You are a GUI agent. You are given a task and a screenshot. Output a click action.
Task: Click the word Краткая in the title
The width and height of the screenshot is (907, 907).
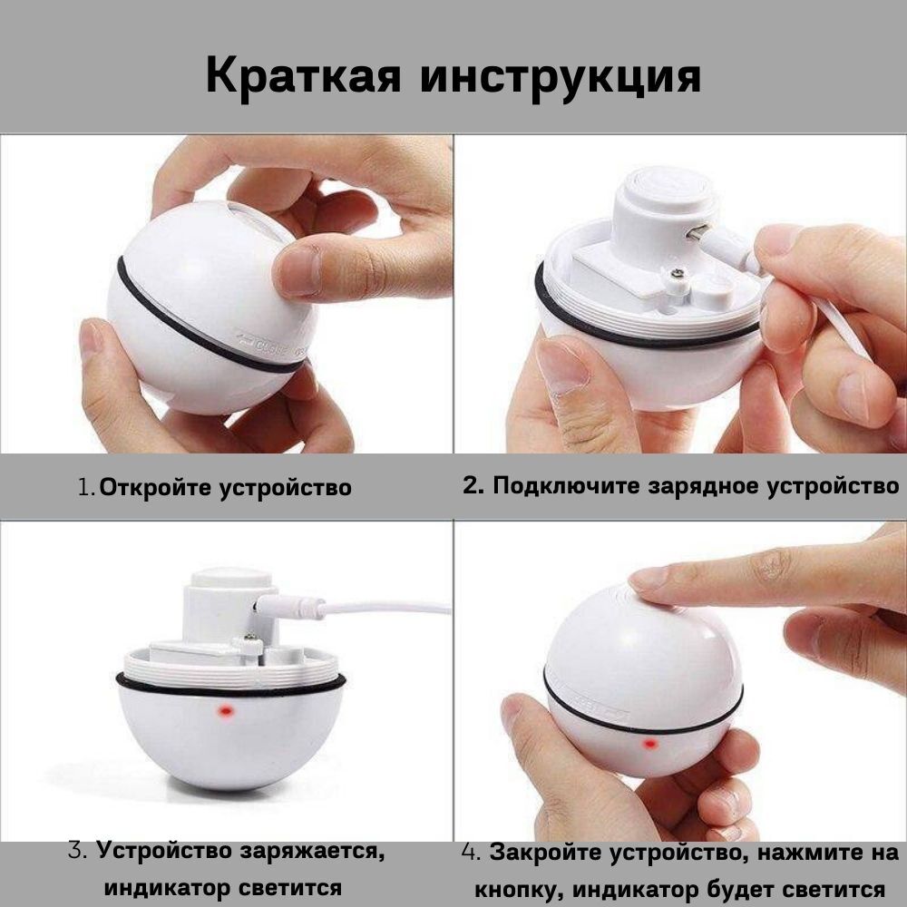pos(303,76)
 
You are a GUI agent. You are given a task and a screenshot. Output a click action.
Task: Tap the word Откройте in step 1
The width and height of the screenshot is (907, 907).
pos(155,487)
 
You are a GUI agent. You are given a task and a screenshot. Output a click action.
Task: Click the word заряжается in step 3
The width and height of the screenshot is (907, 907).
pos(312,851)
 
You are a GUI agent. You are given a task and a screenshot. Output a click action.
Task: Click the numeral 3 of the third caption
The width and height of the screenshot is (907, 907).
pos(76,851)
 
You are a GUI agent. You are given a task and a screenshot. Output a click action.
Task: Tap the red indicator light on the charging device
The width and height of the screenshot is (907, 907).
pos(225,710)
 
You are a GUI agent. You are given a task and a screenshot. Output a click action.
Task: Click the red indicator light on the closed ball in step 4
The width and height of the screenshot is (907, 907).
pos(650,744)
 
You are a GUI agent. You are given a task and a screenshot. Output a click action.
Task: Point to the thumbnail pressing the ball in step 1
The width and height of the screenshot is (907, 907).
pos(298,270)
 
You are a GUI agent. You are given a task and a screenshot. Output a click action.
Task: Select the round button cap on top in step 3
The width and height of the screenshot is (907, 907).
pos(231,578)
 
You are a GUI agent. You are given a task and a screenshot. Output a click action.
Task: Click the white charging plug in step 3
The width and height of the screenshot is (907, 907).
pos(289,608)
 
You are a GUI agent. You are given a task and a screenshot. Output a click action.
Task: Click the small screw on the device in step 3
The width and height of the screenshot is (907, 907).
pos(250,637)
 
